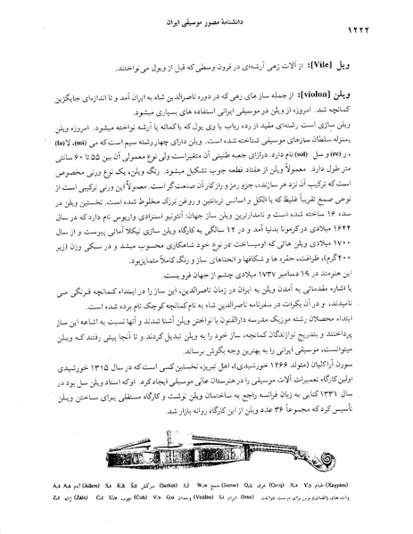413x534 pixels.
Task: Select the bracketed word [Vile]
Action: coord(339,67)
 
